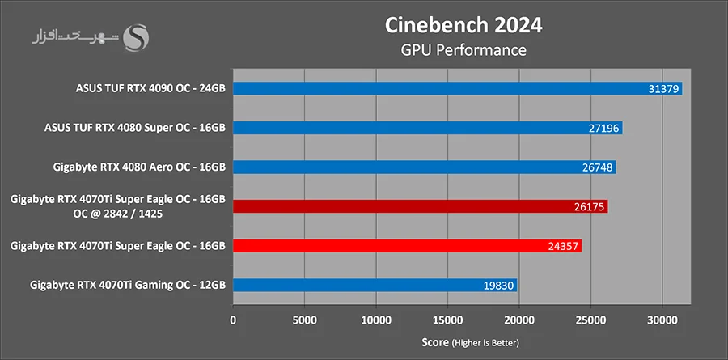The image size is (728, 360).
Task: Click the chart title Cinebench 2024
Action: (463, 24)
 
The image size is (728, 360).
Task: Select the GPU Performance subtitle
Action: (463, 50)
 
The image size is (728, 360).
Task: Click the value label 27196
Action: (605, 128)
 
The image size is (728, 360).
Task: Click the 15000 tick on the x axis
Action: (447, 320)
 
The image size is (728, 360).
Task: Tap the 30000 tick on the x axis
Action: (662, 320)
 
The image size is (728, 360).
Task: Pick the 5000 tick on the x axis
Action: (304, 320)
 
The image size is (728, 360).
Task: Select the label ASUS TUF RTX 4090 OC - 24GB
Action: (150, 88)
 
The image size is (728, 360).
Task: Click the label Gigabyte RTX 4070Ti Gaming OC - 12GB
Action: (128, 285)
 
